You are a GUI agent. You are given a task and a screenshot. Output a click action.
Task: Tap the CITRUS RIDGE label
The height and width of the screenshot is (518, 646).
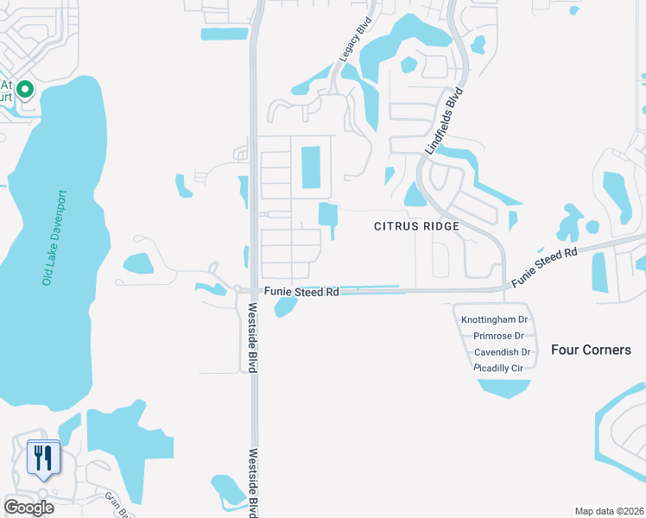tap(415, 226)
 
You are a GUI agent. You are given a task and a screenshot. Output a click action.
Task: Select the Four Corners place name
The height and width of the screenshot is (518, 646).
tap(592, 350)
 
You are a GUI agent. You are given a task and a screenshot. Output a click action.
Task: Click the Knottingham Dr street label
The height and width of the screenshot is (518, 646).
tap(495, 319)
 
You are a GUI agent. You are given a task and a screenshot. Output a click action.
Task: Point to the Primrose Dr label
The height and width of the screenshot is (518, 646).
tap(498, 336)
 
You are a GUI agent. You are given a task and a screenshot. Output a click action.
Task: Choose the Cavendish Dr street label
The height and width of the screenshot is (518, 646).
tap(502, 352)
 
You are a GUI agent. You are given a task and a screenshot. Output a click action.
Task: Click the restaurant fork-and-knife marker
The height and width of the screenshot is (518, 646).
tap(42, 457)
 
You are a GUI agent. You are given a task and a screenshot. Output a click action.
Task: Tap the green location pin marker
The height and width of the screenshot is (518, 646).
tap(26, 89)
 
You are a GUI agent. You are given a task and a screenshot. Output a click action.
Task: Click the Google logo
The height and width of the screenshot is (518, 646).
tap(28, 507)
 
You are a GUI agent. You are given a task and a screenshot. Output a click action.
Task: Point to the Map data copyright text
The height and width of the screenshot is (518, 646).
tap(609, 511)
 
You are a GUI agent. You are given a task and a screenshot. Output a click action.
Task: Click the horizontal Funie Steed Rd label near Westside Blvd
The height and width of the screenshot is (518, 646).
tap(301, 293)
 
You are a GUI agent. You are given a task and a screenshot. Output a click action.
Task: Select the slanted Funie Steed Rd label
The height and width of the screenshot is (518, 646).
tap(544, 268)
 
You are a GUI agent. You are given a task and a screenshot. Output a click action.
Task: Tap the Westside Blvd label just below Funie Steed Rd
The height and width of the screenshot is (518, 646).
tap(253, 338)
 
